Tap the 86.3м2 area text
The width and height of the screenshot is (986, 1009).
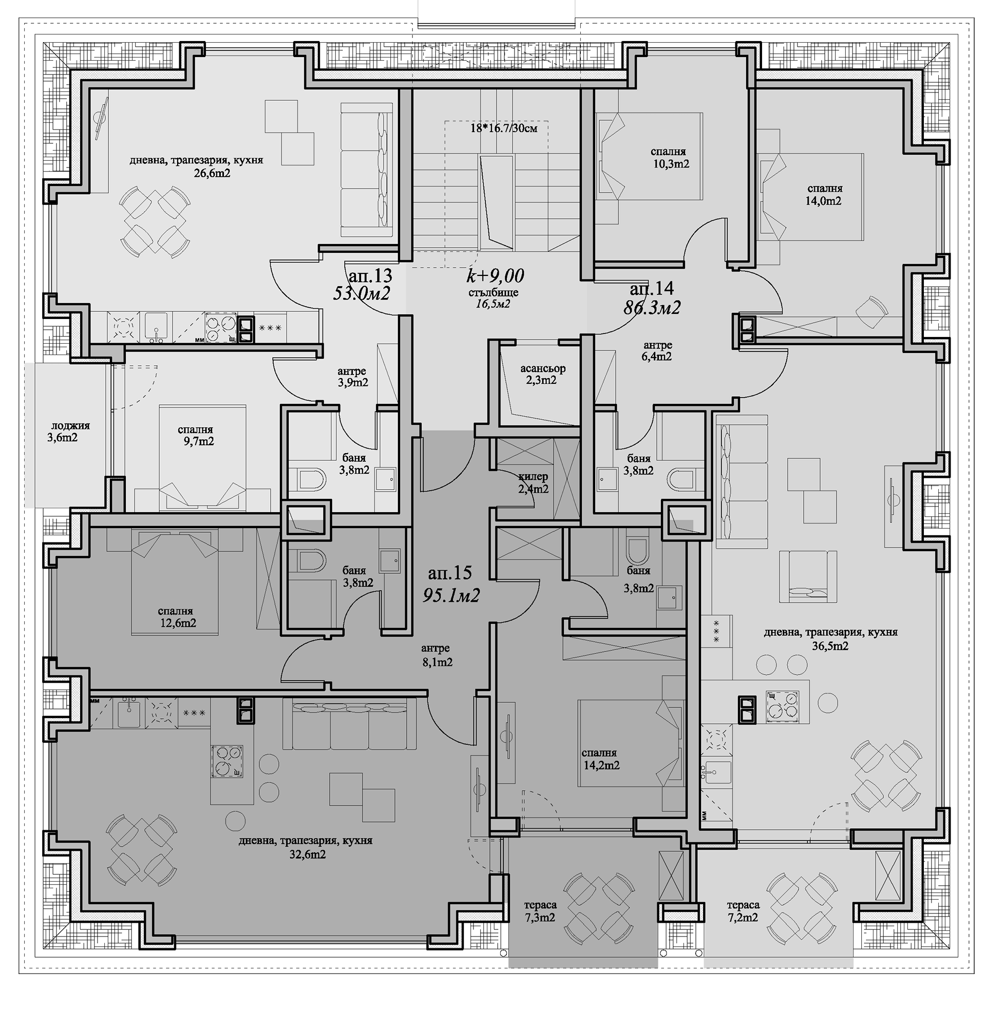pos(652,308)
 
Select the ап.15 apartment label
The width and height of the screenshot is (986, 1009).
pos(450,573)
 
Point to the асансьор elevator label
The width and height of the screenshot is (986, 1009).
pos(543,369)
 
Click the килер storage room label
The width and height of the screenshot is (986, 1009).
pos(533,477)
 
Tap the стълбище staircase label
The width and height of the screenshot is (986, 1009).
pos(494,293)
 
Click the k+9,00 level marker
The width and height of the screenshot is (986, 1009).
pos(495,275)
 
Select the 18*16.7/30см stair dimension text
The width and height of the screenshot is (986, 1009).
pos(503,128)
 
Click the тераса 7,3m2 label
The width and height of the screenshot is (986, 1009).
pos(540,911)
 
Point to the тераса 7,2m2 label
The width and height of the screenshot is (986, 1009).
pos(743,911)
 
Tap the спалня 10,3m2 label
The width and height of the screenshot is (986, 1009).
pos(671,158)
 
